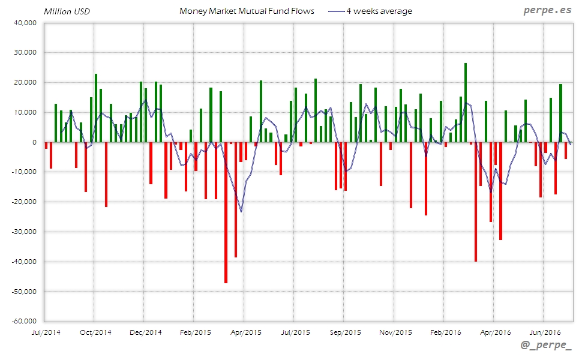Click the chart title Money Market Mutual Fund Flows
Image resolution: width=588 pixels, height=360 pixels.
coord(247,11)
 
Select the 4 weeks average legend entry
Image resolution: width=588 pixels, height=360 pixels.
coord(379,11)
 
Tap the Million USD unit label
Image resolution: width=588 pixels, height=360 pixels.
coord(67,11)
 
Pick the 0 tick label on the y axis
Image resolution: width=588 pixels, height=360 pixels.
coord(35,142)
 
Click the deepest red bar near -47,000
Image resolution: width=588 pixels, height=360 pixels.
coord(226,212)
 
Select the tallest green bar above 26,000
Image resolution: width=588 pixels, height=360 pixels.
coord(466,103)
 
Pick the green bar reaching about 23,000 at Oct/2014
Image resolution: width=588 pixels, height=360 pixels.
coord(96,108)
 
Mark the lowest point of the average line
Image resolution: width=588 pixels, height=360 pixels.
coord(241,212)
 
